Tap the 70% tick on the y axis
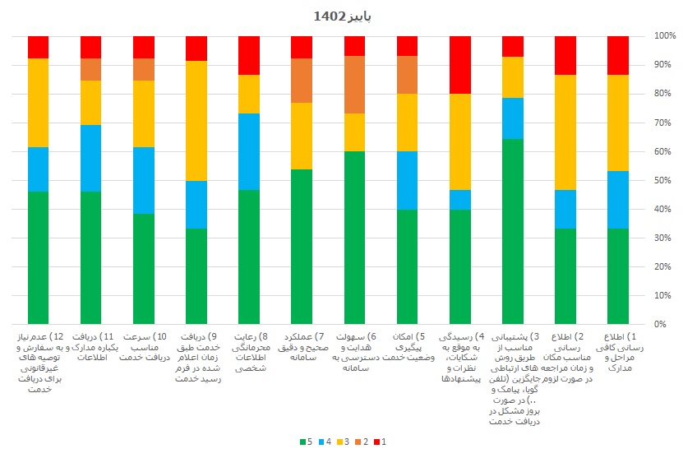pyautogui.click(x=665, y=123)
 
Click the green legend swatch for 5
pyautogui.click(x=302, y=442)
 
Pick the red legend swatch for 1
pyautogui.click(x=375, y=442)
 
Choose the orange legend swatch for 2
pyautogui.click(x=357, y=442)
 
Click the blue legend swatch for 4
pyautogui.click(x=320, y=442)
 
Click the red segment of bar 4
pyautogui.click(x=460, y=65)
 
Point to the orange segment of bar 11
pyautogui.click(x=91, y=70)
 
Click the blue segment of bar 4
pyautogui.click(x=460, y=200)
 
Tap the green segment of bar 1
pyautogui.click(x=618, y=276)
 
